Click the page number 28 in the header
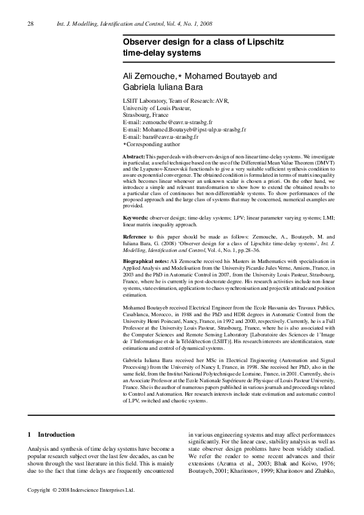pyautogui.click(x=31, y=24)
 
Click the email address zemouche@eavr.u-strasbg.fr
pyautogui.click(x=177, y=122)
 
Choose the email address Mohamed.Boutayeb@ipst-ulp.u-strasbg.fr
pyautogui.click(x=193, y=130)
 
